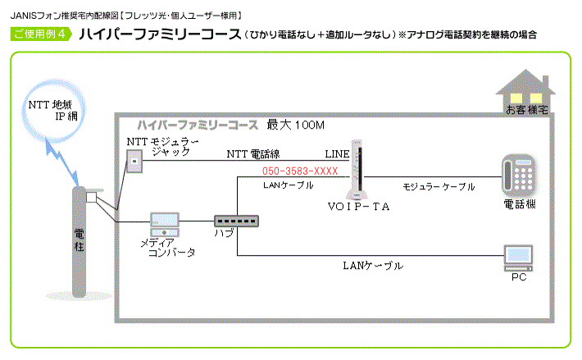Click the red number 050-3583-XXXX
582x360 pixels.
(300, 171)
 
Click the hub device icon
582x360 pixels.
(236, 221)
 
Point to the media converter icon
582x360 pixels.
(165, 222)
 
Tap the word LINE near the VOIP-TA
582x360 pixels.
(337, 153)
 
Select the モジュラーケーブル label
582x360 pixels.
(439, 187)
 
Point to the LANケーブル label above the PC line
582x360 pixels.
(372, 267)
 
